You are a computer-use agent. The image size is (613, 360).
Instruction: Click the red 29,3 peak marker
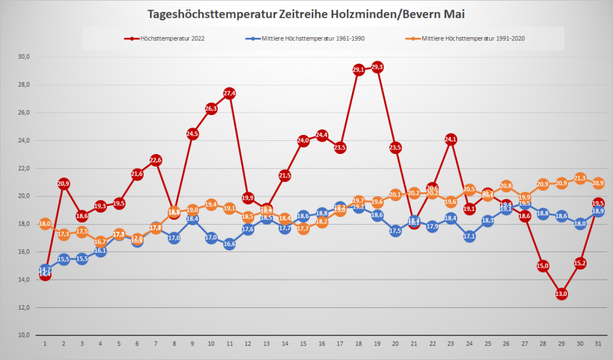pyautogui.click(x=377, y=67)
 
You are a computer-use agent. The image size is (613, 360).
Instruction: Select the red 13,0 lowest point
pyautogui.click(x=562, y=294)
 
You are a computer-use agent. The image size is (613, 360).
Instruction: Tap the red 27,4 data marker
pyautogui.click(x=229, y=93)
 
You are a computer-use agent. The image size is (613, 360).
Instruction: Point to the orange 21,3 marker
pyautogui.click(x=580, y=178)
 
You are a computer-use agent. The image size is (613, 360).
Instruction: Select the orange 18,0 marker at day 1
pyautogui.click(x=45, y=224)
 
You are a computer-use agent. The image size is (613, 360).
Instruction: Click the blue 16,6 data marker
pyautogui.click(x=229, y=244)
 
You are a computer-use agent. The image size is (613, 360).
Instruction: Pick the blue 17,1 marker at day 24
pyautogui.click(x=469, y=237)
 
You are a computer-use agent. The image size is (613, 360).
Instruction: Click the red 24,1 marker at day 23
pyautogui.click(x=451, y=140)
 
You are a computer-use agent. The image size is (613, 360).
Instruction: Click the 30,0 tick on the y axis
pyautogui.click(x=24, y=57)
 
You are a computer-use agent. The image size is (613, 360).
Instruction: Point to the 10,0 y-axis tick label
pyautogui.click(x=24, y=335)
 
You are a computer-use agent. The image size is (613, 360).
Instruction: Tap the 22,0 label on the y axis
pyautogui.click(x=24, y=168)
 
